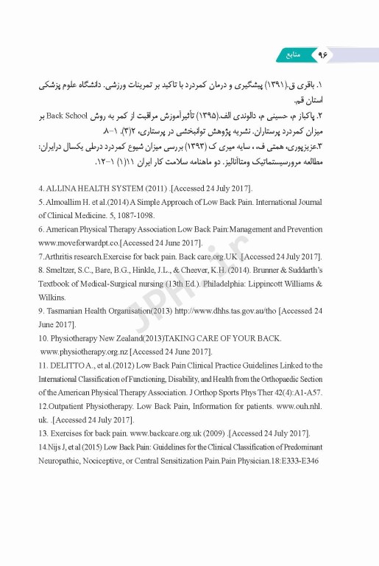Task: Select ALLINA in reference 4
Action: pos(63,189)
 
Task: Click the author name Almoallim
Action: pos(65,201)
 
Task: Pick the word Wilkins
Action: pos(53,298)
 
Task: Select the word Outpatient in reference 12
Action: pos(71,406)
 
